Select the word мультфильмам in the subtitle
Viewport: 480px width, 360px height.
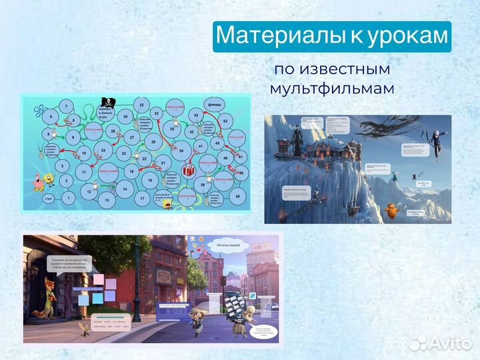pyautogui.click(x=331, y=88)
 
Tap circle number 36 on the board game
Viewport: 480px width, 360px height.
pyautogui.click(x=180, y=151)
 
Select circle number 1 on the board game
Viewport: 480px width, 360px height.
pyautogui.click(x=68, y=197)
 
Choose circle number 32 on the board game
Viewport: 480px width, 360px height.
pyautogui.click(x=141, y=105)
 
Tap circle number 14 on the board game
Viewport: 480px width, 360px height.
pyautogui.click(x=124, y=189)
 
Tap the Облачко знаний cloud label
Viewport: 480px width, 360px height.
pyautogui.click(x=223, y=246)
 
